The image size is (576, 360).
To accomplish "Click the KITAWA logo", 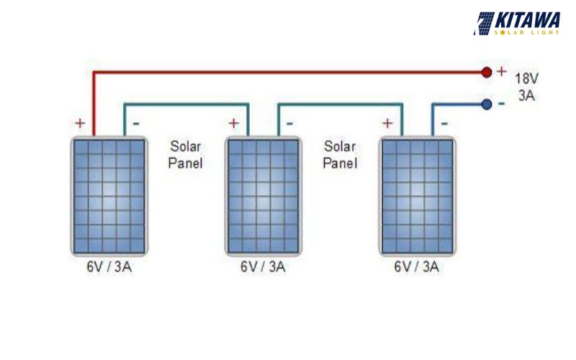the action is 518,23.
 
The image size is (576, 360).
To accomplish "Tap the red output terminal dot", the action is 486,72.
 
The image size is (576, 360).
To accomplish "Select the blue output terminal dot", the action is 486,104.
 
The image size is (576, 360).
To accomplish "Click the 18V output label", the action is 526,78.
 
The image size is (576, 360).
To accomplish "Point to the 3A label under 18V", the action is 526,96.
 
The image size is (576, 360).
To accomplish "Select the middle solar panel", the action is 263,195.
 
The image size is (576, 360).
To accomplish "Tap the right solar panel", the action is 418,195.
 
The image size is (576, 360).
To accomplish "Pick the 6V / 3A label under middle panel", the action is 263,267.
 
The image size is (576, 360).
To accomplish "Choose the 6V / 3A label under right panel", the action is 418,267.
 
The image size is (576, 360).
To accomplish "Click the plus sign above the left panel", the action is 79,123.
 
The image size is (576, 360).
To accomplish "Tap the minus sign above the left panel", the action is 136,123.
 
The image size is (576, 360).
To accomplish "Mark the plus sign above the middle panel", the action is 233,123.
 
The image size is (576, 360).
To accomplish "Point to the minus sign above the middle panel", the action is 290,123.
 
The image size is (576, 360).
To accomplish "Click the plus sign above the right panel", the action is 388,123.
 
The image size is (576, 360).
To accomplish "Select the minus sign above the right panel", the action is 444,123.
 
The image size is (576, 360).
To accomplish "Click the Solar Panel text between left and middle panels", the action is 185,154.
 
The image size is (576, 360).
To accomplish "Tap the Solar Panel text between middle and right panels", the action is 340,154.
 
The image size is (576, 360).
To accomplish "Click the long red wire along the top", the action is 288,72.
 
